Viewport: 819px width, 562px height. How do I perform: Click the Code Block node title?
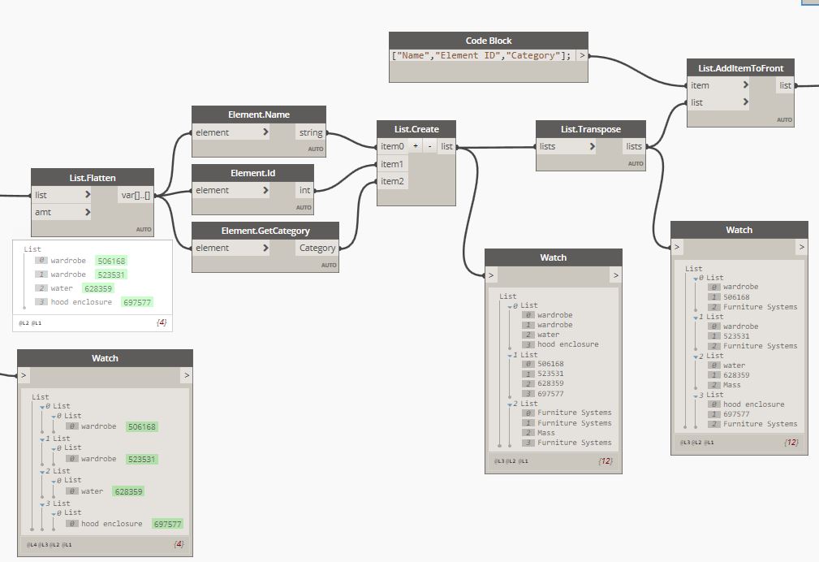point(488,41)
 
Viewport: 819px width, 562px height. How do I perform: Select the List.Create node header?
point(417,129)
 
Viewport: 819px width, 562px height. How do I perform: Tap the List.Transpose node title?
point(590,129)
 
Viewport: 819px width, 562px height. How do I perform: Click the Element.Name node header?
point(259,115)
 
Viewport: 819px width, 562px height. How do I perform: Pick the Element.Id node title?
point(252,173)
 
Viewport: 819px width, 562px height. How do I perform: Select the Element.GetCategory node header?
point(265,231)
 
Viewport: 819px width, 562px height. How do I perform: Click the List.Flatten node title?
point(93,177)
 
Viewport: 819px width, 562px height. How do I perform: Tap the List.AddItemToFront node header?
point(740,67)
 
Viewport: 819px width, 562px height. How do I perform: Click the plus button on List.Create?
point(415,146)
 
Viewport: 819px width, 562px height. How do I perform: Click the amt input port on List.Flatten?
point(62,212)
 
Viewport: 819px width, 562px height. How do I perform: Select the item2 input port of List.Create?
point(393,181)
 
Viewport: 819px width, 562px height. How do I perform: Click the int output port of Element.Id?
point(304,190)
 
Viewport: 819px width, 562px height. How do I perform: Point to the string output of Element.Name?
point(310,132)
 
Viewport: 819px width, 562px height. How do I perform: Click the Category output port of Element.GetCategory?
point(317,248)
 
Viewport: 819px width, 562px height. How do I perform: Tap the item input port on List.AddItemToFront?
point(718,85)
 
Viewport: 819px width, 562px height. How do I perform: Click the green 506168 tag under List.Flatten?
point(110,261)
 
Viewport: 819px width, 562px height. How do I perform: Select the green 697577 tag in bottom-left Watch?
point(167,524)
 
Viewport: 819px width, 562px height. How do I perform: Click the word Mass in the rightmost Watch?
point(732,385)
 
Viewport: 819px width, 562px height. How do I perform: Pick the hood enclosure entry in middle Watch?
point(567,344)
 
